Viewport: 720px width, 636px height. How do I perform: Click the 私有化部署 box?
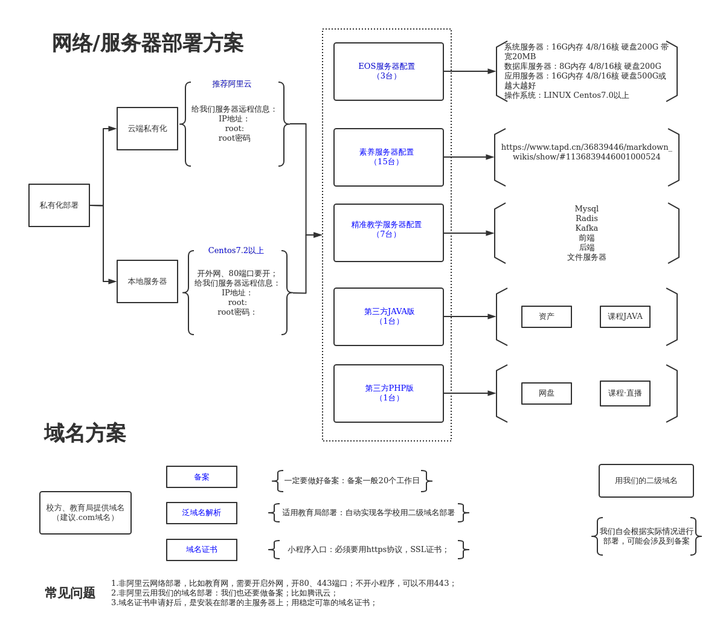[x=59, y=205]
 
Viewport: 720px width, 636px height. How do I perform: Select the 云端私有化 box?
[x=147, y=129]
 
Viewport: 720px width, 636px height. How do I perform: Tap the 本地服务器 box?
[x=147, y=281]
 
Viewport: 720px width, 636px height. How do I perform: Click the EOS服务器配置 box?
[x=388, y=71]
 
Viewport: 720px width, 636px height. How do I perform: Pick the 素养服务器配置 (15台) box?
[x=388, y=157]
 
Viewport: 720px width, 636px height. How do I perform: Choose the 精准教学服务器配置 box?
[x=388, y=233]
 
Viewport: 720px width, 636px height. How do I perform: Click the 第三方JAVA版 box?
[x=388, y=316]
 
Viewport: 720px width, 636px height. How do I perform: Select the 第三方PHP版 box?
[x=388, y=393]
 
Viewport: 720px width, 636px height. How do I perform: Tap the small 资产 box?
[x=547, y=316]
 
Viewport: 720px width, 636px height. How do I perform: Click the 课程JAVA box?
[x=625, y=316]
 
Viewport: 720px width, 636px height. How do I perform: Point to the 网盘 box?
[x=547, y=393]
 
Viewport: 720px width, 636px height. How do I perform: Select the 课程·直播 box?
[x=625, y=393]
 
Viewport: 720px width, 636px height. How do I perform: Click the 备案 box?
[x=202, y=477]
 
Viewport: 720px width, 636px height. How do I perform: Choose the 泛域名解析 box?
[x=202, y=513]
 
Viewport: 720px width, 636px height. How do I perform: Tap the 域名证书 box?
[x=202, y=550]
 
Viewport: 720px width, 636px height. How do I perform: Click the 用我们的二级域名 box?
[x=646, y=481]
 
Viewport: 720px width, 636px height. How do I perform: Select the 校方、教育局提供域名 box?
[x=85, y=513]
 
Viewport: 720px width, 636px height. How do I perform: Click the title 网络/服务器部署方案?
[x=147, y=43]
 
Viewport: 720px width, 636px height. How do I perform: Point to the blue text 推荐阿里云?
[x=232, y=84]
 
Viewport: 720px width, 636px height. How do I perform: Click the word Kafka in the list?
[x=587, y=228]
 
